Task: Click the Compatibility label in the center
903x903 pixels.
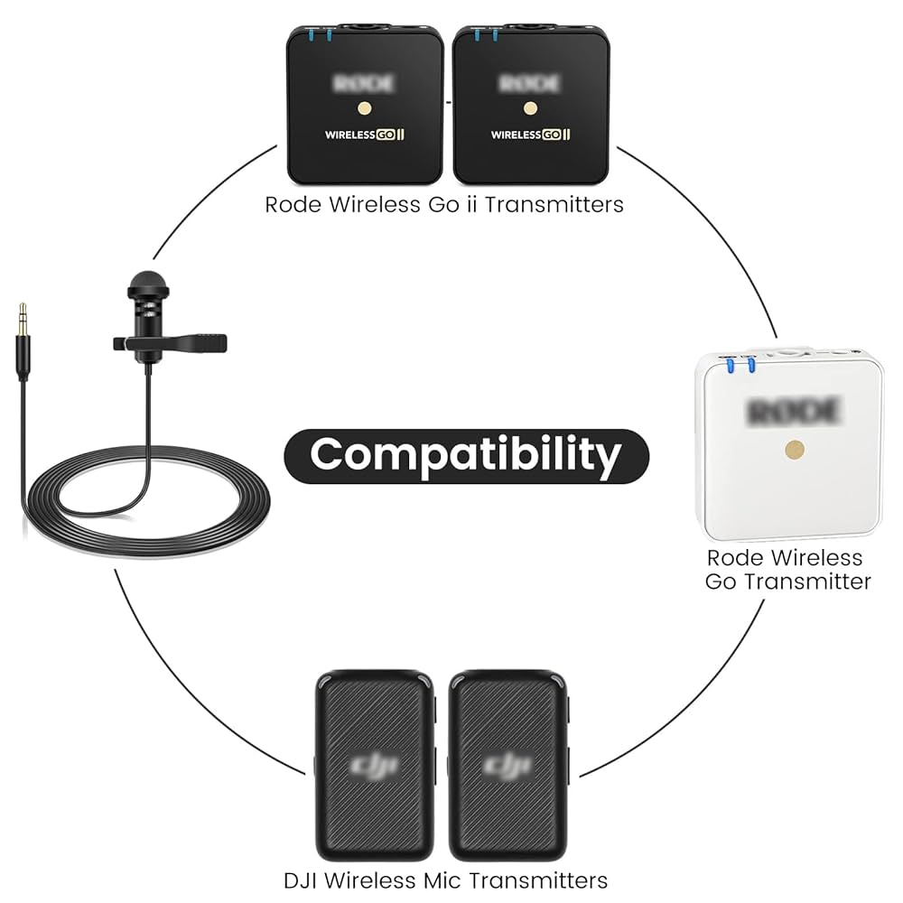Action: tap(466, 454)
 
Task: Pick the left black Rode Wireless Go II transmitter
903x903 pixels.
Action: tap(365, 104)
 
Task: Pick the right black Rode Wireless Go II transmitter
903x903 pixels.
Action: tap(531, 104)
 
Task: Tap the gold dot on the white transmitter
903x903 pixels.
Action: tap(795, 449)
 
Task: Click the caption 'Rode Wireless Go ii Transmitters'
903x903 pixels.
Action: tap(443, 205)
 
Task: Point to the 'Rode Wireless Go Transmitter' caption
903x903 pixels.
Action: tap(788, 570)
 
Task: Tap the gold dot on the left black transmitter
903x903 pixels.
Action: tap(365, 108)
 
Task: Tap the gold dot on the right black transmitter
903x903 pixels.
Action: tap(531, 108)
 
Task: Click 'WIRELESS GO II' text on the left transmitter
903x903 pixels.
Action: tap(365, 135)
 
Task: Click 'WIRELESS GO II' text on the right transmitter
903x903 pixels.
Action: tap(531, 135)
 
